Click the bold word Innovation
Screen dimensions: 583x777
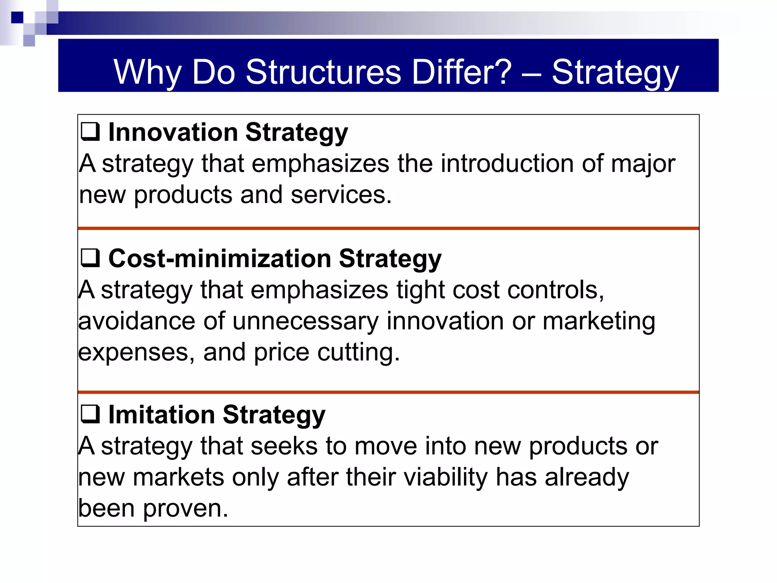pos(173,132)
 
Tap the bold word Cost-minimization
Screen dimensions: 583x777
pos(220,258)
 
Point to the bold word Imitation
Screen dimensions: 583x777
pos(161,414)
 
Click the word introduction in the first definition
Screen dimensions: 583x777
pos(507,164)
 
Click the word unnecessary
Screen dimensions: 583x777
pos(305,321)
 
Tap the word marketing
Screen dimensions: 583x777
pos(599,321)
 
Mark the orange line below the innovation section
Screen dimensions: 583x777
pos(388,228)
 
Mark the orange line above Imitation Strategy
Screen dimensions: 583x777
pos(388,392)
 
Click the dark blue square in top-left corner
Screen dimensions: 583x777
pos(17,17)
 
